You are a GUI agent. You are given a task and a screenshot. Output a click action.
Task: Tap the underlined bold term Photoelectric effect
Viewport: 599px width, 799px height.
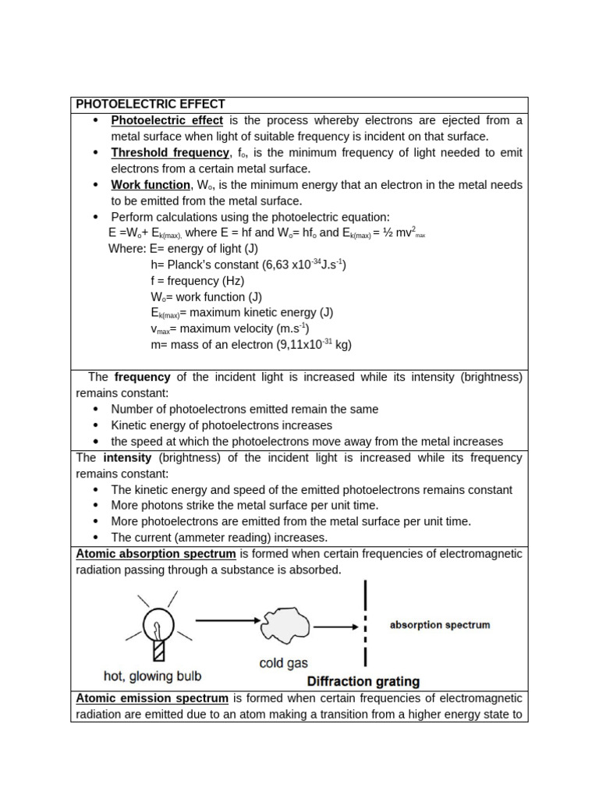[x=167, y=120]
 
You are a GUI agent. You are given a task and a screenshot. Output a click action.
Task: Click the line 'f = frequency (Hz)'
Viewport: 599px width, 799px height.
[x=197, y=281]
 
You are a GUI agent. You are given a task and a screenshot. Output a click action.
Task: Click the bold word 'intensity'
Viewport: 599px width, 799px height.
[x=127, y=458]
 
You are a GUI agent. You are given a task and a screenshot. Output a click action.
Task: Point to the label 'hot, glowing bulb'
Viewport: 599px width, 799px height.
[x=152, y=676]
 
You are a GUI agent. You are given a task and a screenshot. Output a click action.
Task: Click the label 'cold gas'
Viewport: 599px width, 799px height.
[x=283, y=663]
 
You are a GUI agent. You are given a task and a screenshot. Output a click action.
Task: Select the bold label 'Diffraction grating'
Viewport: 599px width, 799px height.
[x=363, y=681]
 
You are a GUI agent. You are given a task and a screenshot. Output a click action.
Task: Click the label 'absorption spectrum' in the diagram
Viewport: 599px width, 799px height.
[x=440, y=625]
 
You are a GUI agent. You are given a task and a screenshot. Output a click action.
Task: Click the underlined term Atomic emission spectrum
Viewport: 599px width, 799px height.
[x=152, y=698]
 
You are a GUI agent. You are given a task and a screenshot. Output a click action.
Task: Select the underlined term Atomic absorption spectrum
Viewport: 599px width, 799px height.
[x=156, y=554]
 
